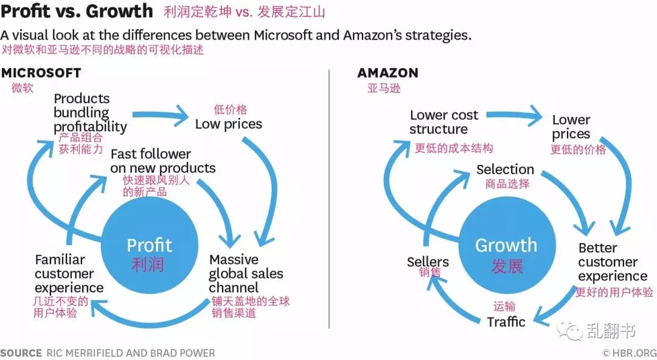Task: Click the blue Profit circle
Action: [150, 245]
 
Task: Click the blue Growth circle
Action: [507, 245]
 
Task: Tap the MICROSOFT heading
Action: [41, 73]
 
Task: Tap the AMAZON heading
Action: [388, 73]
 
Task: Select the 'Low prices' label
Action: [229, 124]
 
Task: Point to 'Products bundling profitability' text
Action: [90, 112]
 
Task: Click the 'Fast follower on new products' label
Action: [163, 161]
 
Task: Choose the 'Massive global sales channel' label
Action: [246, 273]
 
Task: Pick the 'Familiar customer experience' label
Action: [69, 273]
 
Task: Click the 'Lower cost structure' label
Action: [443, 122]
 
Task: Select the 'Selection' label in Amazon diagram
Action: [505, 169]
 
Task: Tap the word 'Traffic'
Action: [506, 322]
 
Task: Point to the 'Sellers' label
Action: [428, 262]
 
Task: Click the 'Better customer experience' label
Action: [612, 262]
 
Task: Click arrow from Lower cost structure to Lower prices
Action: [514, 114]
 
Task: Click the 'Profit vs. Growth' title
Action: [77, 11]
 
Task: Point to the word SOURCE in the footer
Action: [21, 353]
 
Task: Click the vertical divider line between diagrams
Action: [329, 199]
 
